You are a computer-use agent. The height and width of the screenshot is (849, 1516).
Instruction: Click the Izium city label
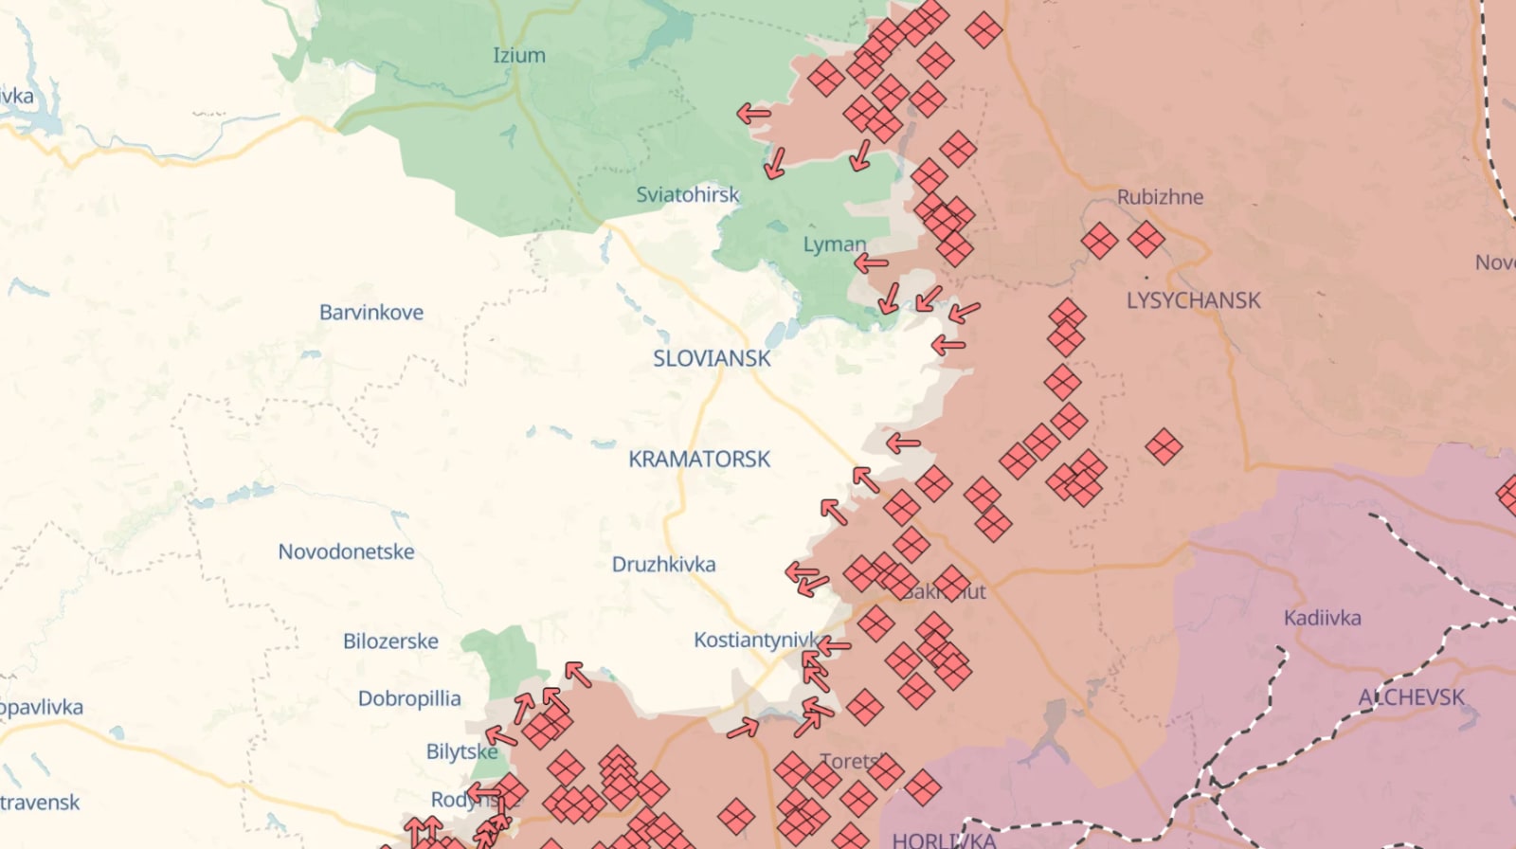(x=519, y=56)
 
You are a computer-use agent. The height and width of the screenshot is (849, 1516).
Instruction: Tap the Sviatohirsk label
(x=687, y=195)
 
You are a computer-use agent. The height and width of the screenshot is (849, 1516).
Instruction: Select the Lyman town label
(x=834, y=244)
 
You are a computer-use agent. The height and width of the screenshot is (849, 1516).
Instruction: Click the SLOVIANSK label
(x=712, y=359)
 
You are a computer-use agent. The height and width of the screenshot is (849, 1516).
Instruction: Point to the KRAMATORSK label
(x=699, y=460)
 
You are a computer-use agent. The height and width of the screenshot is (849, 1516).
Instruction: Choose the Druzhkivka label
(x=663, y=565)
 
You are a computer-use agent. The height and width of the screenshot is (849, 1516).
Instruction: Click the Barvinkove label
(x=371, y=313)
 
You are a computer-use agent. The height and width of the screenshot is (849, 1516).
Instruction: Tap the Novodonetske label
(x=346, y=551)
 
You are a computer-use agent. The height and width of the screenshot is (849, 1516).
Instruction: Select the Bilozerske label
(x=390, y=641)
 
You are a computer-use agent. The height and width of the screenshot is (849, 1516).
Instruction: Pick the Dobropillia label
(x=409, y=699)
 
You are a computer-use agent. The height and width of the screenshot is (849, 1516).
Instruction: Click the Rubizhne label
(x=1160, y=197)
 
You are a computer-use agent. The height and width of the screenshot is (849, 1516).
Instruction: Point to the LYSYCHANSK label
(x=1193, y=301)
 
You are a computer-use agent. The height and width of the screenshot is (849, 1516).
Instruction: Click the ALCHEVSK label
(x=1412, y=698)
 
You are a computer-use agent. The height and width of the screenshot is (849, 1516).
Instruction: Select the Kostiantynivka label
(x=755, y=641)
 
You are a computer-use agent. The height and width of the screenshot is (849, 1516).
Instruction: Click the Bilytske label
(x=461, y=752)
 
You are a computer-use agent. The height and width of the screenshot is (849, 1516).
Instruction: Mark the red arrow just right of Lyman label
(x=872, y=263)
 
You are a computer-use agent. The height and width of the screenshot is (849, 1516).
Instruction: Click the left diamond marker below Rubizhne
(x=1099, y=241)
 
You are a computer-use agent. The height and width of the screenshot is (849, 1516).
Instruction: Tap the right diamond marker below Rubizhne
(x=1146, y=240)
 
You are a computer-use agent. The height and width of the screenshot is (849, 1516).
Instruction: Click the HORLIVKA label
(x=944, y=840)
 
